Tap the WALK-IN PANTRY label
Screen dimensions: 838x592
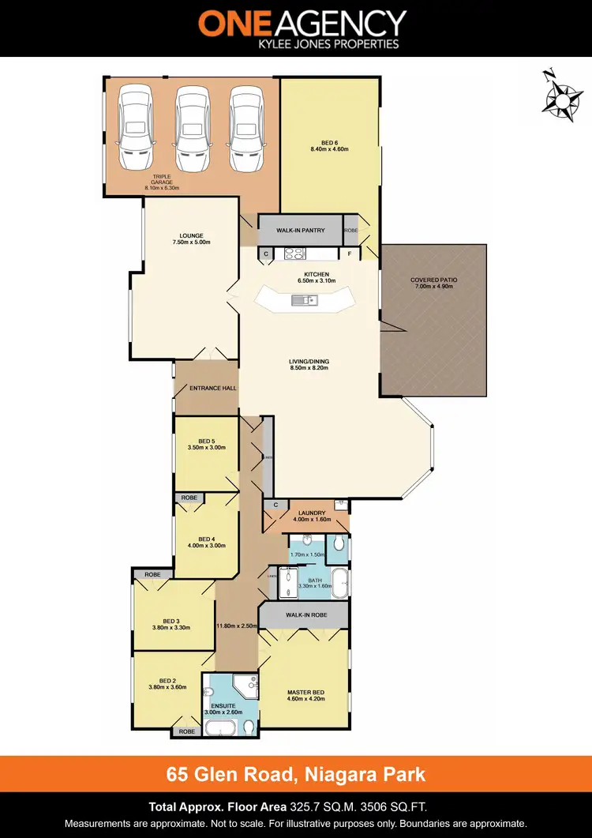tap(300, 231)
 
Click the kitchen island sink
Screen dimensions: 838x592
tap(302, 299)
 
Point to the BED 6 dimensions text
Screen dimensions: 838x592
tap(329, 148)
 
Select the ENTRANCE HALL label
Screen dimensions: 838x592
tap(213, 389)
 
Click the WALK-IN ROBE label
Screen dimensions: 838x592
tap(305, 614)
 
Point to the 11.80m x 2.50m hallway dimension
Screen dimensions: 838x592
tap(237, 626)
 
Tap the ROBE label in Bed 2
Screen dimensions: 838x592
tap(186, 731)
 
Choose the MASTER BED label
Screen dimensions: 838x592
tap(304, 693)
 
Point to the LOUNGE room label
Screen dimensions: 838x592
tap(191, 235)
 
